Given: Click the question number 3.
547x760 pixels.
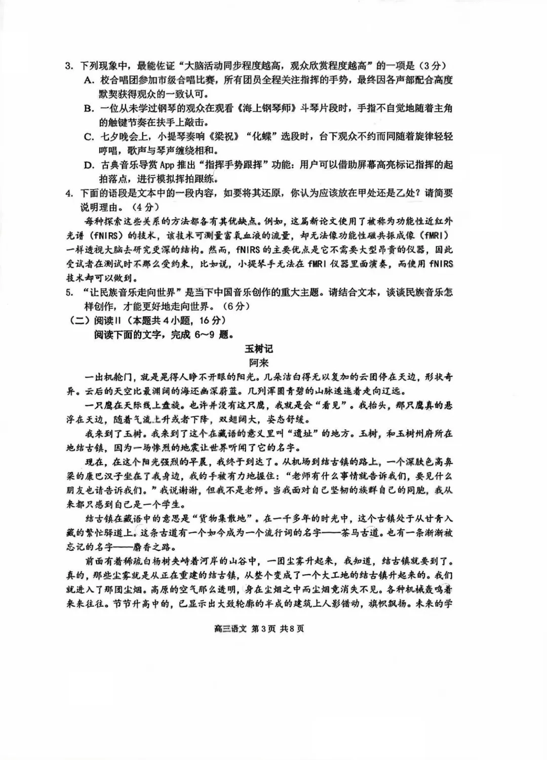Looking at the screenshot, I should point(69,66).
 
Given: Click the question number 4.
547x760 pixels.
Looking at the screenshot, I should point(69,193).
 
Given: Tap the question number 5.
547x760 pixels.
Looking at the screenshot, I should point(69,293).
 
